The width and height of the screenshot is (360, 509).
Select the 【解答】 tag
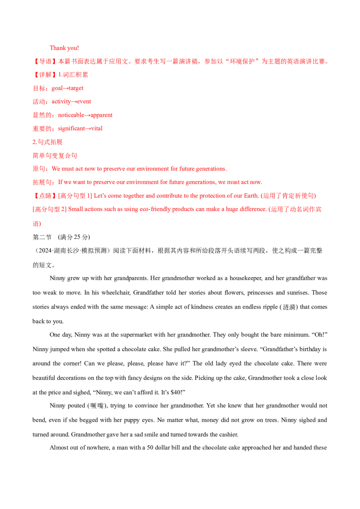pyautogui.click(x=45, y=75)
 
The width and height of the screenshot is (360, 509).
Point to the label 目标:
pyautogui.click(x=40, y=88)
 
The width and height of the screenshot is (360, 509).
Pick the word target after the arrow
pyautogui.click(x=76, y=88)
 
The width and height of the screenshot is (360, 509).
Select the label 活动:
pyautogui.click(x=40, y=102)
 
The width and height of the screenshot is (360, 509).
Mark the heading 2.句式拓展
pyautogui.click(x=48, y=142)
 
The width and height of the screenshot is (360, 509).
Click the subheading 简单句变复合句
pyautogui.click(x=55, y=156)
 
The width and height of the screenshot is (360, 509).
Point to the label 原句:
pyautogui.click(x=40, y=169)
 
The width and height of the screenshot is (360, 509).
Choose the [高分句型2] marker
pyautogui.click(x=50, y=210)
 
